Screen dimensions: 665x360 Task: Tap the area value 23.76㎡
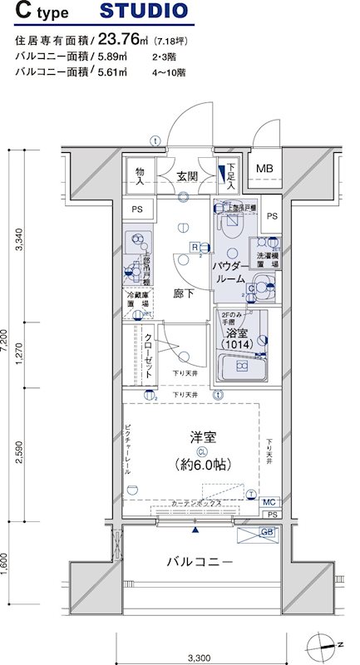click(124, 38)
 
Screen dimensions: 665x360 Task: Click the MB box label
click(264, 169)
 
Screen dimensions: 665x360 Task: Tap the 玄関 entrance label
click(187, 176)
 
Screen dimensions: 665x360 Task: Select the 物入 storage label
click(140, 176)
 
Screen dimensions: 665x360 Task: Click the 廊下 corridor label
click(184, 293)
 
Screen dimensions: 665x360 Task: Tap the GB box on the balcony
click(267, 532)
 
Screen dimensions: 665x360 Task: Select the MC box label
click(268, 503)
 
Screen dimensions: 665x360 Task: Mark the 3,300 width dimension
click(197, 635)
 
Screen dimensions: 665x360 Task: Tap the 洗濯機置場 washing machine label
click(268, 258)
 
